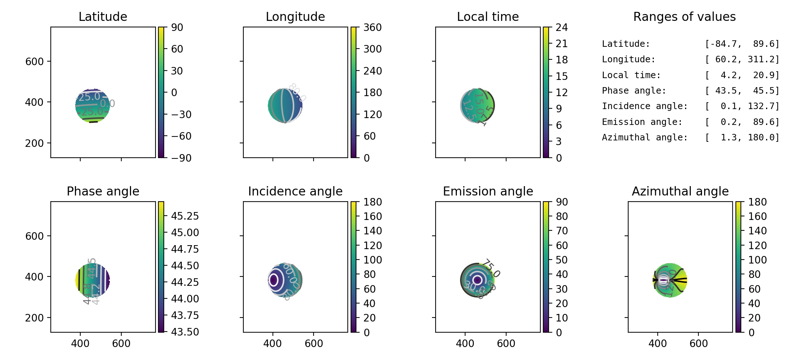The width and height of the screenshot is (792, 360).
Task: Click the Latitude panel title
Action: pos(103,17)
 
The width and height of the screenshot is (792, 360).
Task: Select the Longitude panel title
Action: pos(295,17)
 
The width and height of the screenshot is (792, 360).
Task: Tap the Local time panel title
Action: pos(488,17)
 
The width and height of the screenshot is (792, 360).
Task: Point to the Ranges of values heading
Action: pos(684,17)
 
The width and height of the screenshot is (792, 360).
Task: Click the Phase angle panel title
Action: pos(103,191)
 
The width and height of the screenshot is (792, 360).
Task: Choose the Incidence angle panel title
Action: pos(295,191)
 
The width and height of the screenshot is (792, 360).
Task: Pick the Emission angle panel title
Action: pos(488,191)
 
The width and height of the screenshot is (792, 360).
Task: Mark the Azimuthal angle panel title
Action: pos(680,191)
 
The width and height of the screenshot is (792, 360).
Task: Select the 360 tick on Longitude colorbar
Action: pos(373,27)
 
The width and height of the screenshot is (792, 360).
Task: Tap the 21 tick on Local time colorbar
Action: pos(562,44)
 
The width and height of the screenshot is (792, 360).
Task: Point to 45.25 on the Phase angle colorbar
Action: pos(185,216)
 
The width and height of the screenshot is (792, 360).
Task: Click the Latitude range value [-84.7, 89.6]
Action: pos(742,44)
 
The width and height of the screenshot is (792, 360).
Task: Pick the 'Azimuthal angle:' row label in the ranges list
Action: pos(645,138)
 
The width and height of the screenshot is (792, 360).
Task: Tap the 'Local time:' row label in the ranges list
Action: pos(631,75)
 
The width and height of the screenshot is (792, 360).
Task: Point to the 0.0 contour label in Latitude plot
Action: pos(108,104)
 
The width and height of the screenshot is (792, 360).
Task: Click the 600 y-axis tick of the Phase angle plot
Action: pos(34,236)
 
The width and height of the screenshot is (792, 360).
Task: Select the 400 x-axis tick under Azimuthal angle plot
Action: pos(658,343)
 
